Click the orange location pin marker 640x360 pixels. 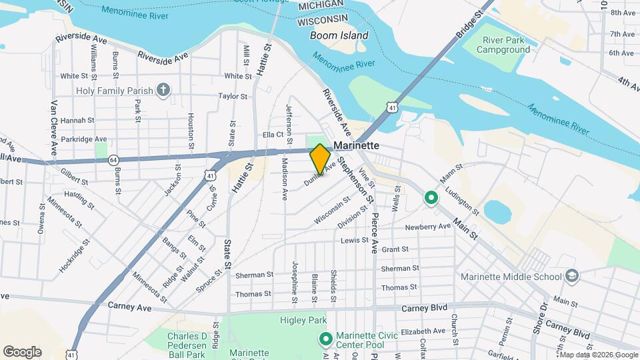[x=320, y=159]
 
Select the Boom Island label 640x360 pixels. [x=339, y=35]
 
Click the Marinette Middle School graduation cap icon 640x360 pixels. [x=571, y=276]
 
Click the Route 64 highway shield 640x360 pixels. [x=114, y=160]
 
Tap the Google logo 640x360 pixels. [x=22, y=352]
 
